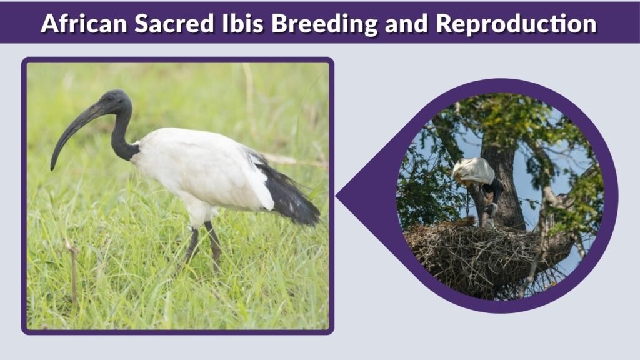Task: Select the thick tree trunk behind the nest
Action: (506, 187)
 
